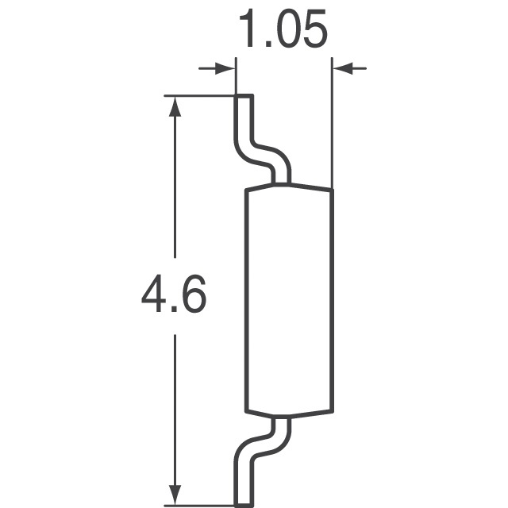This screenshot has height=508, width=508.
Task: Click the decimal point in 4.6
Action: click(174, 314)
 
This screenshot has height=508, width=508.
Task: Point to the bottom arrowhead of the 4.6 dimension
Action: click(174, 492)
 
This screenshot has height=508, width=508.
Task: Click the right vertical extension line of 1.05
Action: click(331, 127)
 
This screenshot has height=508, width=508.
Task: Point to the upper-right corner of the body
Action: click(330, 190)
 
